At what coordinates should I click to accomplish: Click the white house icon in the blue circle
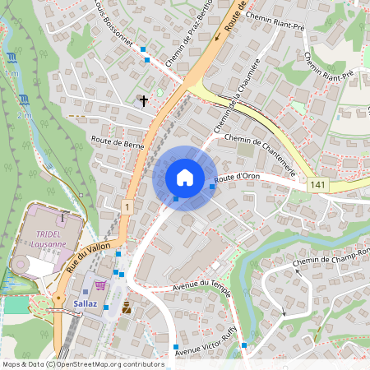click(x=184, y=177)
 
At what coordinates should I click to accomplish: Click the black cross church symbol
click(x=144, y=101)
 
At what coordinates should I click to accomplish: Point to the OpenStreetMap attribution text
click(x=83, y=364)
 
